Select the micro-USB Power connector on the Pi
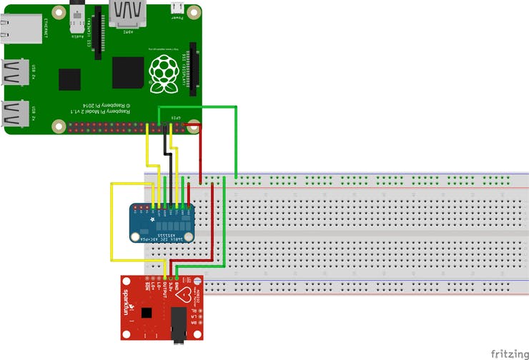click(x=177, y=8)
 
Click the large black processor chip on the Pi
click(x=128, y=72)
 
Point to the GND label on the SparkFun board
click(x=177, y=288)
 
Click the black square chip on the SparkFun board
click(x=147, y=313)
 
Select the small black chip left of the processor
click(x=70, y=79)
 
